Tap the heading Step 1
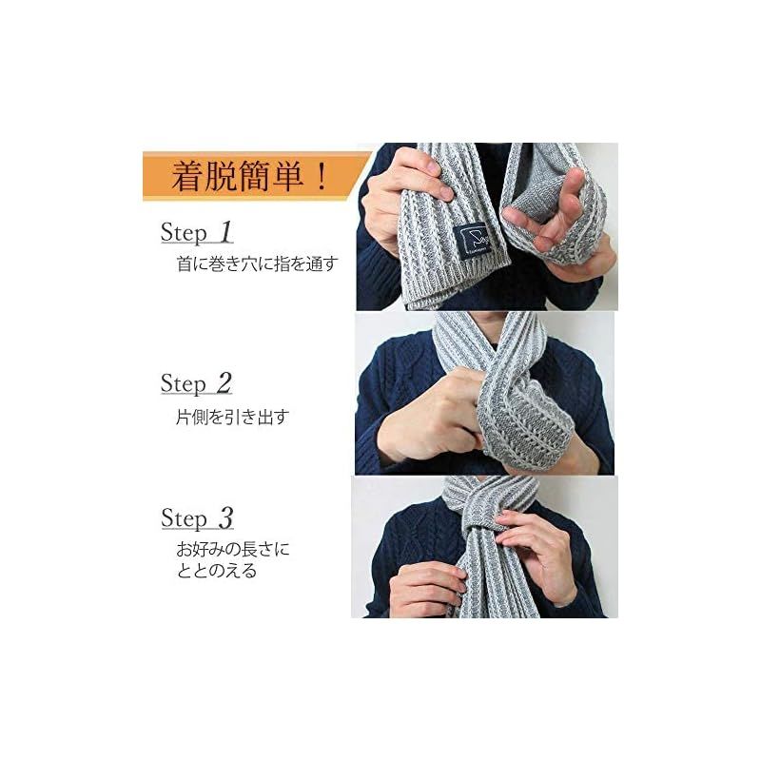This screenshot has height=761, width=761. [x=196, y=232]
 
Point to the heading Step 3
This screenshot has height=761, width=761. [x=196, y=518]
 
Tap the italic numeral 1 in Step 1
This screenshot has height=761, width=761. [x=224, y=231]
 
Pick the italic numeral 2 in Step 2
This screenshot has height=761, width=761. [x=224, y=382]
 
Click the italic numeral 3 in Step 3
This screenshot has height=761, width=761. [x=224, y=518]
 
